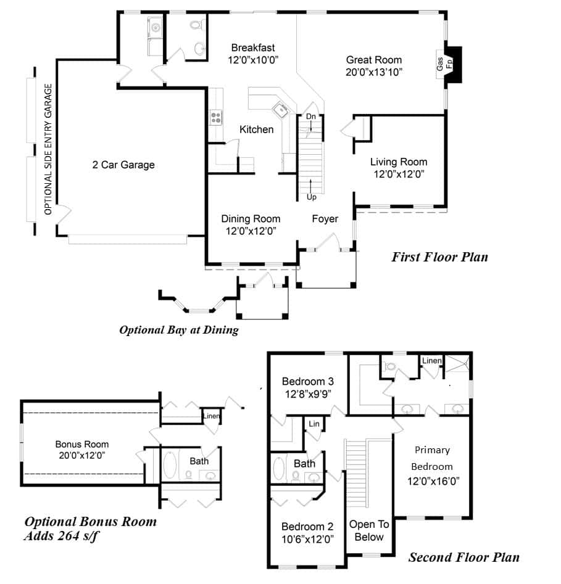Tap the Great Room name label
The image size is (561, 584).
click(373, 60)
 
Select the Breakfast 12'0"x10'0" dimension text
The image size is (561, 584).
click(253, 60)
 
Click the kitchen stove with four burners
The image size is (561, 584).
click(216, 117)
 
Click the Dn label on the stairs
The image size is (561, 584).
click(311, 116)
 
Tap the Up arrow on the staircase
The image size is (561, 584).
click(311, 185)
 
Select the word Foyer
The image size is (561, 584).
click(325, 219)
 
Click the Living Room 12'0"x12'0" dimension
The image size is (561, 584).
click(399, 174)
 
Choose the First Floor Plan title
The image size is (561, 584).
click(439, 257)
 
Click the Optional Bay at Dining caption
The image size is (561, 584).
click(178, 330)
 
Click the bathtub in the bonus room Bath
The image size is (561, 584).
click(170, 466)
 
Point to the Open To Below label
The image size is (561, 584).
click(369, 530)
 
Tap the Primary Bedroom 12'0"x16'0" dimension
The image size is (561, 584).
click(432, 481)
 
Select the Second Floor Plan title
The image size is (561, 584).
click(463, 557)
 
